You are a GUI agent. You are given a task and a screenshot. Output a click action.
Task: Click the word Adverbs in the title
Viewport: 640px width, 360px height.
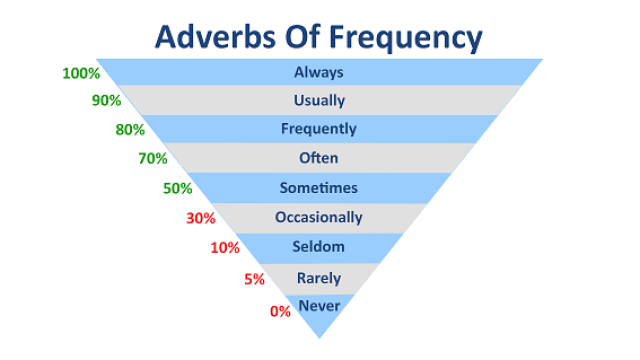click(216, 37)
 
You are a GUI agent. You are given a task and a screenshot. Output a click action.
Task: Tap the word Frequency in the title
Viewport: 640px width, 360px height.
click(406, 39)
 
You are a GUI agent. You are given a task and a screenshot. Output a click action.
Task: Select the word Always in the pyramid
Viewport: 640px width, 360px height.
click(319, 73)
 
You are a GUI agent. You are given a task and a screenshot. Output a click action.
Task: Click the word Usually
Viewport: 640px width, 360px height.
click(319, 101)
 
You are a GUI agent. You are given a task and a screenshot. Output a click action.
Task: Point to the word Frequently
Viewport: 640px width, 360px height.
click(319, 129)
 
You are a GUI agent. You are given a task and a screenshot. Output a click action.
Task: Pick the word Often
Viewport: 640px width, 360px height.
click(318, 158)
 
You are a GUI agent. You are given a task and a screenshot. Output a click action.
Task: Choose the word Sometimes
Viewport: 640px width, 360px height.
click(319, 188)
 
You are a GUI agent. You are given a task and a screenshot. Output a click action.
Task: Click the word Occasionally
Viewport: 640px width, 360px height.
click(319, 218)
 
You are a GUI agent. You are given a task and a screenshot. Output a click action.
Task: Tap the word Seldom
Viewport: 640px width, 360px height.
click(318, 247)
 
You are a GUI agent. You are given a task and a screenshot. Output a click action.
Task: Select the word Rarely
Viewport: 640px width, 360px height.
click(319, 278)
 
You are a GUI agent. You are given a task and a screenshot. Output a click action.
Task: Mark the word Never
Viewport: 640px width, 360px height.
click(319, 306)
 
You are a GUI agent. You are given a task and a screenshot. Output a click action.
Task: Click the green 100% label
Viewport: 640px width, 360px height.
click(81, 73)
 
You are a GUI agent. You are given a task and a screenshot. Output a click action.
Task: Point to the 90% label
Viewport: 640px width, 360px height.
click(107, 100)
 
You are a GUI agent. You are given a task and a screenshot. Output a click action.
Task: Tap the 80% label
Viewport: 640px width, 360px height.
click(130, 130)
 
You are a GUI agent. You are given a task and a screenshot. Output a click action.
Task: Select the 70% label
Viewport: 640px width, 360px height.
click(153, 158)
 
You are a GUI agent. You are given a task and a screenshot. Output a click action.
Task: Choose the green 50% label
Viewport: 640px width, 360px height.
click(178, 189)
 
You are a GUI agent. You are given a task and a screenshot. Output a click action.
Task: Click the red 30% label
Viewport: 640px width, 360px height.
click(201, 218)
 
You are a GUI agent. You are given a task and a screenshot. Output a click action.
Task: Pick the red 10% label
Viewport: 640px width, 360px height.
click(225, 248)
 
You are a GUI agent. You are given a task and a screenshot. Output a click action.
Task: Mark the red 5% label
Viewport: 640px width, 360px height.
click(255, 279)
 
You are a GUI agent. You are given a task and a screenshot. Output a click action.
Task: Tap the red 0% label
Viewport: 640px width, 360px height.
click(280, 311)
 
